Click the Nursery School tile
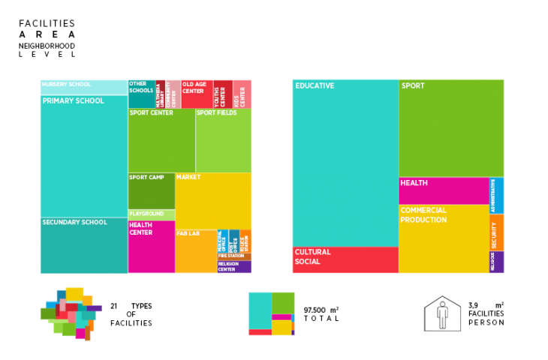tap(84, 87)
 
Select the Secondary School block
tap(84, 244)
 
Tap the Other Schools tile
tap(141, 94)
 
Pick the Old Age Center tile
tap(197, 94)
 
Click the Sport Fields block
tap(223, 141)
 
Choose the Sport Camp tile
tap(151, 190)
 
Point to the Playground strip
tap(151, 214)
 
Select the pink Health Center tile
tap(151, 246)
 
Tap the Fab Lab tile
tap(196, 250)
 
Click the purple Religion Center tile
tap(234, 266)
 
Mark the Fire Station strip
tap(234, 256)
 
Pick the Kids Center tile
tap(242, 94)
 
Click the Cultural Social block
tap(345, 259)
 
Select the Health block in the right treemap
tap(443, 190)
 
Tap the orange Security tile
tap(496, 232)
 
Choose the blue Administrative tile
tap(496, 195)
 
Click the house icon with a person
tap(441, 313)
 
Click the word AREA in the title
tap(47, 34)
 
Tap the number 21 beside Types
tap(114, 306)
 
